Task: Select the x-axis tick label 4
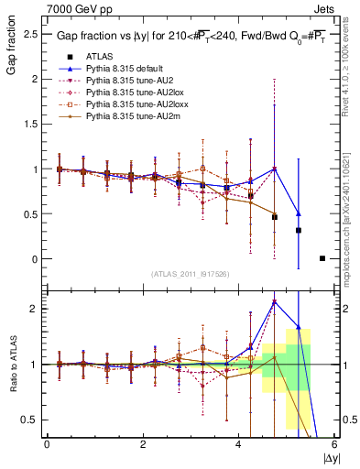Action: tap(239, 444)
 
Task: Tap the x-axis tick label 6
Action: tap(335, 444)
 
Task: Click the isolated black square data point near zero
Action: tap(322, 258)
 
